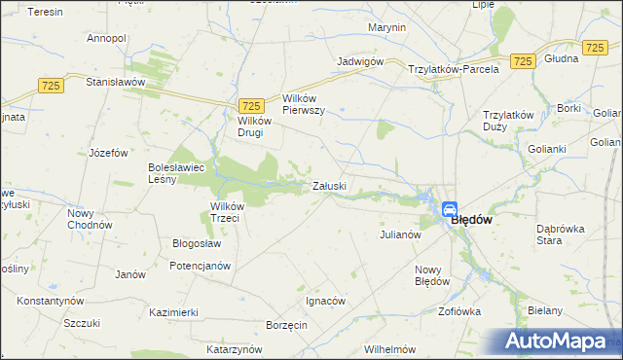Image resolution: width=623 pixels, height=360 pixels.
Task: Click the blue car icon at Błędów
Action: coord(450,208)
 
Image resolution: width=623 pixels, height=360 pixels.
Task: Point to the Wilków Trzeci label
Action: coord(232,211)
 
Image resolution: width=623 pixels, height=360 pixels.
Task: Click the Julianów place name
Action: coord(399,234)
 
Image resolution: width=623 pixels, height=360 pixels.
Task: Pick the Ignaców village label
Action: coord(325,301)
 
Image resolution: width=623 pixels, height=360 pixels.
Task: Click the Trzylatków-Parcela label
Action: coord(454,69)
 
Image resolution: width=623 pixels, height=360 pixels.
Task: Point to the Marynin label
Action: coord(387,27)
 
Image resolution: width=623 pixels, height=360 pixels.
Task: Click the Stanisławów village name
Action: coord(116,82)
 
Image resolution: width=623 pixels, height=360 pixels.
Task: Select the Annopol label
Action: coord(106,38)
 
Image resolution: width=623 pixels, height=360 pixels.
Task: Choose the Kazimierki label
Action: coord(174,312)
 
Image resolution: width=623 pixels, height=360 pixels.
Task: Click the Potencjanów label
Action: coord(200,266)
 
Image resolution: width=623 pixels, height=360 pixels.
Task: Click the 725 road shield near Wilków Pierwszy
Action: coord(250,105)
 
